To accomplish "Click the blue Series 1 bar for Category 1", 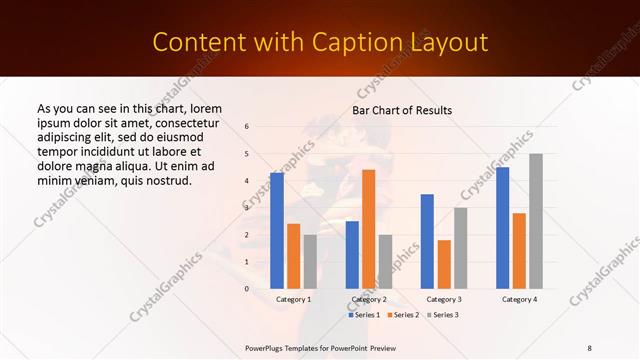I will coord(276,231).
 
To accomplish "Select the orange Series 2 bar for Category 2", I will coord(368,229).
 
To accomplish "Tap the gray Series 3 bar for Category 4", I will coord(536,221).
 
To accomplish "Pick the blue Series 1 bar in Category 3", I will coord(427,241).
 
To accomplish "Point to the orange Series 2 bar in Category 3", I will coord(444,264).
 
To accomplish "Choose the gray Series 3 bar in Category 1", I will coord(310,261).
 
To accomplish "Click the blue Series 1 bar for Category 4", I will coord(502,228).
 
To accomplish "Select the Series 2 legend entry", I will coord(403,315).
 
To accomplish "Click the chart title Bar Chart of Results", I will coord(402,109).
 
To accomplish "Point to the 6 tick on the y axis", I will coord(247,126).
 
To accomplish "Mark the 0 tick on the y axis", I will coord(247,289).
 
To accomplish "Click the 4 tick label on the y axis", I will coord(247,180).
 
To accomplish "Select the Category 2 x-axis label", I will coord(368,299).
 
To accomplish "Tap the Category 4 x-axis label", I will coord(519,299).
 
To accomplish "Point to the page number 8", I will coord(590,348).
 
